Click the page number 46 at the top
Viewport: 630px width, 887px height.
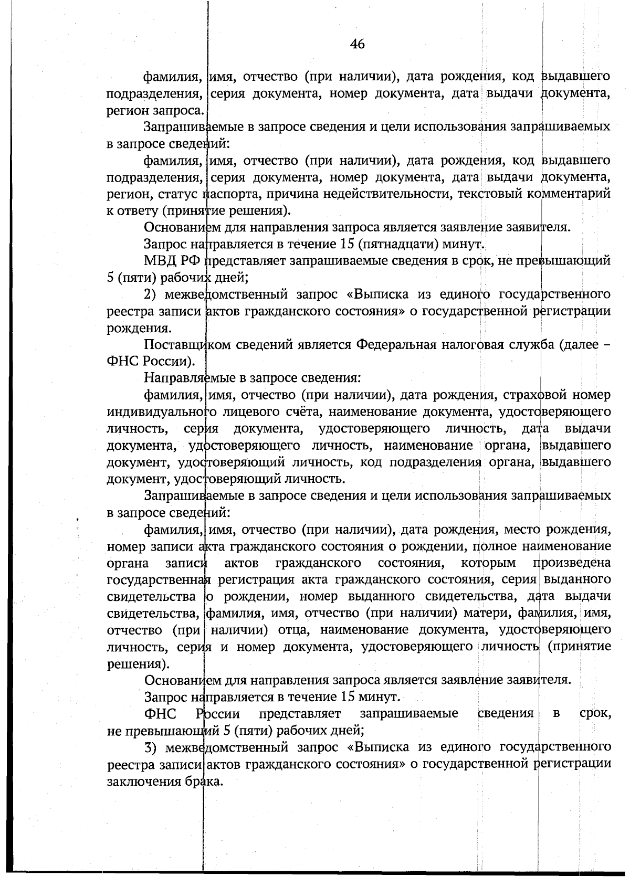tap(357, 44)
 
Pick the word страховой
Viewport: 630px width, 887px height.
tap(533, 395)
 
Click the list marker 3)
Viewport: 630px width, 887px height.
tap(152, 747)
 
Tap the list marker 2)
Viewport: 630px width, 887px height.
tap(152, 294)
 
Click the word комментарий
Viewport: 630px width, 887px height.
tap(569, 194)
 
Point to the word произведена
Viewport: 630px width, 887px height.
tap(572, 563)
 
